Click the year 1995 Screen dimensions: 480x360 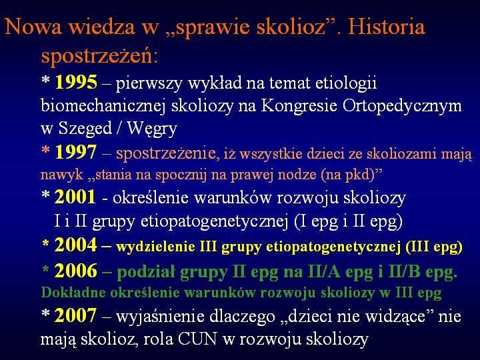tap(76, 83)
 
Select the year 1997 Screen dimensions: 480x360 tap(76, 152)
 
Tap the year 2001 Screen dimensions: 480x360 tap(75, 197)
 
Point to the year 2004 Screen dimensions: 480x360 tap(75, 245)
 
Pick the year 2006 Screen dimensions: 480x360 tap(76, 271)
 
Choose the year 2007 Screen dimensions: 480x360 tap(76, 315)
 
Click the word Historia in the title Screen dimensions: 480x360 tap(387, 26)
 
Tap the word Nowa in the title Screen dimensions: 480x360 tap(33, 26)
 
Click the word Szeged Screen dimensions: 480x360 tap(85, 129)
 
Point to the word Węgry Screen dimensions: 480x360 tap(152, 129)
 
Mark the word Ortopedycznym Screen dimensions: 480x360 tap(402, 106)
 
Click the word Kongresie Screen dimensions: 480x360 tap(299, 106)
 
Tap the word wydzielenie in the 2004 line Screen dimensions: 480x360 tap(156, 247)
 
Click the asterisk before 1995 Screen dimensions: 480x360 tap(45, 81)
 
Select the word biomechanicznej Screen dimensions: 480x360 tap(103, 106)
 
